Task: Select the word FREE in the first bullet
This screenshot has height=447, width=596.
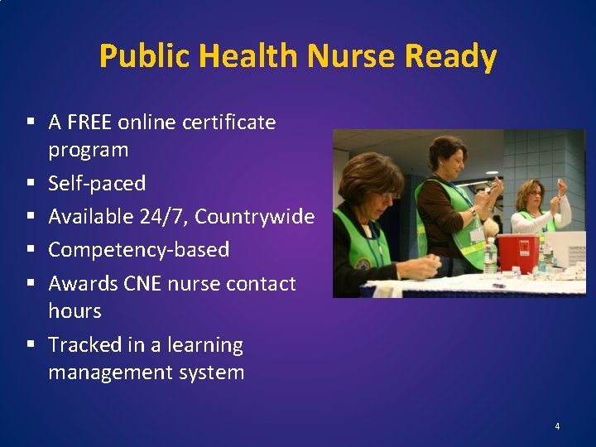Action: (90, 123)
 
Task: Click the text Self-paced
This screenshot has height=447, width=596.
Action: (97, 183)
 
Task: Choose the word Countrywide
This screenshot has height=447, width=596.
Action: (254, 216)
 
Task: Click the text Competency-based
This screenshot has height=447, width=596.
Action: (138, 249)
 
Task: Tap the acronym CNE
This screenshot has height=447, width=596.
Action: (142, 283)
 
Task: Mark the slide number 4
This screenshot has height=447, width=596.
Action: (557, 426)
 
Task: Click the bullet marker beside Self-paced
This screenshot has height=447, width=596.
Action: (30, 183)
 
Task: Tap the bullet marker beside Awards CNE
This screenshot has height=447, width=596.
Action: (30, 283)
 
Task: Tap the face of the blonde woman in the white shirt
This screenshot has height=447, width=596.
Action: (529, 198)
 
